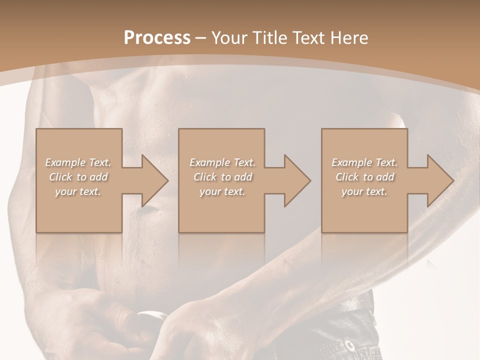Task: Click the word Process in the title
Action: (157, 37)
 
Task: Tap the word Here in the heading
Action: (349, 37)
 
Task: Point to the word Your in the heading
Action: (229, 37)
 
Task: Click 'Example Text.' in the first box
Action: (78, 162)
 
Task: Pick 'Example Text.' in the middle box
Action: (222, 162)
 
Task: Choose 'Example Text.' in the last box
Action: (364, 162)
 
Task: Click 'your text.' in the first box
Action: (78, 191)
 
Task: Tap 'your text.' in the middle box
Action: (222, 191)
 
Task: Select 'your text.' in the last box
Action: (364, 191)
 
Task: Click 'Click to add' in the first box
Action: (78, 177)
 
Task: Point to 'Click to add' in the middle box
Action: (222, 177)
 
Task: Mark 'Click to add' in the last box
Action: (364, 177)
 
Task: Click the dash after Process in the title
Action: (200, 38)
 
